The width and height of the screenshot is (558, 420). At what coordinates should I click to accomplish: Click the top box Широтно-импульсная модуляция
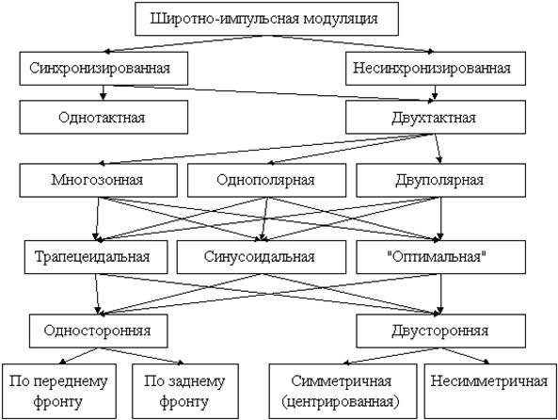click(x=266, y=19)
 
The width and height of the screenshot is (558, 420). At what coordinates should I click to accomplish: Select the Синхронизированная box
click(x=104, y=69)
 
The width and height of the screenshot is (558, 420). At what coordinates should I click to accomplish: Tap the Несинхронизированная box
click(x=436, y=69)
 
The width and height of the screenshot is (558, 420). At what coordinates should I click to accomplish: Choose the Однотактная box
click(x=104, y=117)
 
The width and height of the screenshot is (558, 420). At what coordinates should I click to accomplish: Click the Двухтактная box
click(x=436, y=117)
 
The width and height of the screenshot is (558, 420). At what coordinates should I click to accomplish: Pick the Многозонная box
click(x=98, y=180)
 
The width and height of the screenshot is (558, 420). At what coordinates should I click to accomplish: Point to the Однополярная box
click(x=266, y=180)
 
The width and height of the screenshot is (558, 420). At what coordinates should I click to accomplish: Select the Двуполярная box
click(x=441, y=180)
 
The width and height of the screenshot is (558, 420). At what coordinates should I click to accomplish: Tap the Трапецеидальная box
click(x=96, y=257)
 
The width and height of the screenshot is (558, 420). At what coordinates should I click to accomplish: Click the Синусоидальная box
click(x=262, y=257)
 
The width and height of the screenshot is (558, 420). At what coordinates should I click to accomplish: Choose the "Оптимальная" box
click(x=441, y=257)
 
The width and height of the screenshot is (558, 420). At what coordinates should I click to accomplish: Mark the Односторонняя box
click(x=98, y=331)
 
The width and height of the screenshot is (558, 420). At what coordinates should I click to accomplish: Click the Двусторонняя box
click(x=441, y=331)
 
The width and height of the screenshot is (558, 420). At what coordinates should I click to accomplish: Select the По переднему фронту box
click(x=59, y=391)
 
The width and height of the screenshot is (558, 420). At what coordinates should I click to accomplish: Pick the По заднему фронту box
click(x=185, y=391)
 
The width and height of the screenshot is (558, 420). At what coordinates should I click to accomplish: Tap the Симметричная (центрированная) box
click(x=343, y=391)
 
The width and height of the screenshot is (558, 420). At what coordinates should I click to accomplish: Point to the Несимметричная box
click(x=490, y=391)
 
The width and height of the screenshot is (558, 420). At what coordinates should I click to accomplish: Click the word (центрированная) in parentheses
click(x=341, y=402)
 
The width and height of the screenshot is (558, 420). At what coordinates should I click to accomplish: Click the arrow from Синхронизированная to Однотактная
click(x=104, y=92)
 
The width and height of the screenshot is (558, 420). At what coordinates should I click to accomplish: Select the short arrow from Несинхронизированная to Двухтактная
click(x=435, y=92)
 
